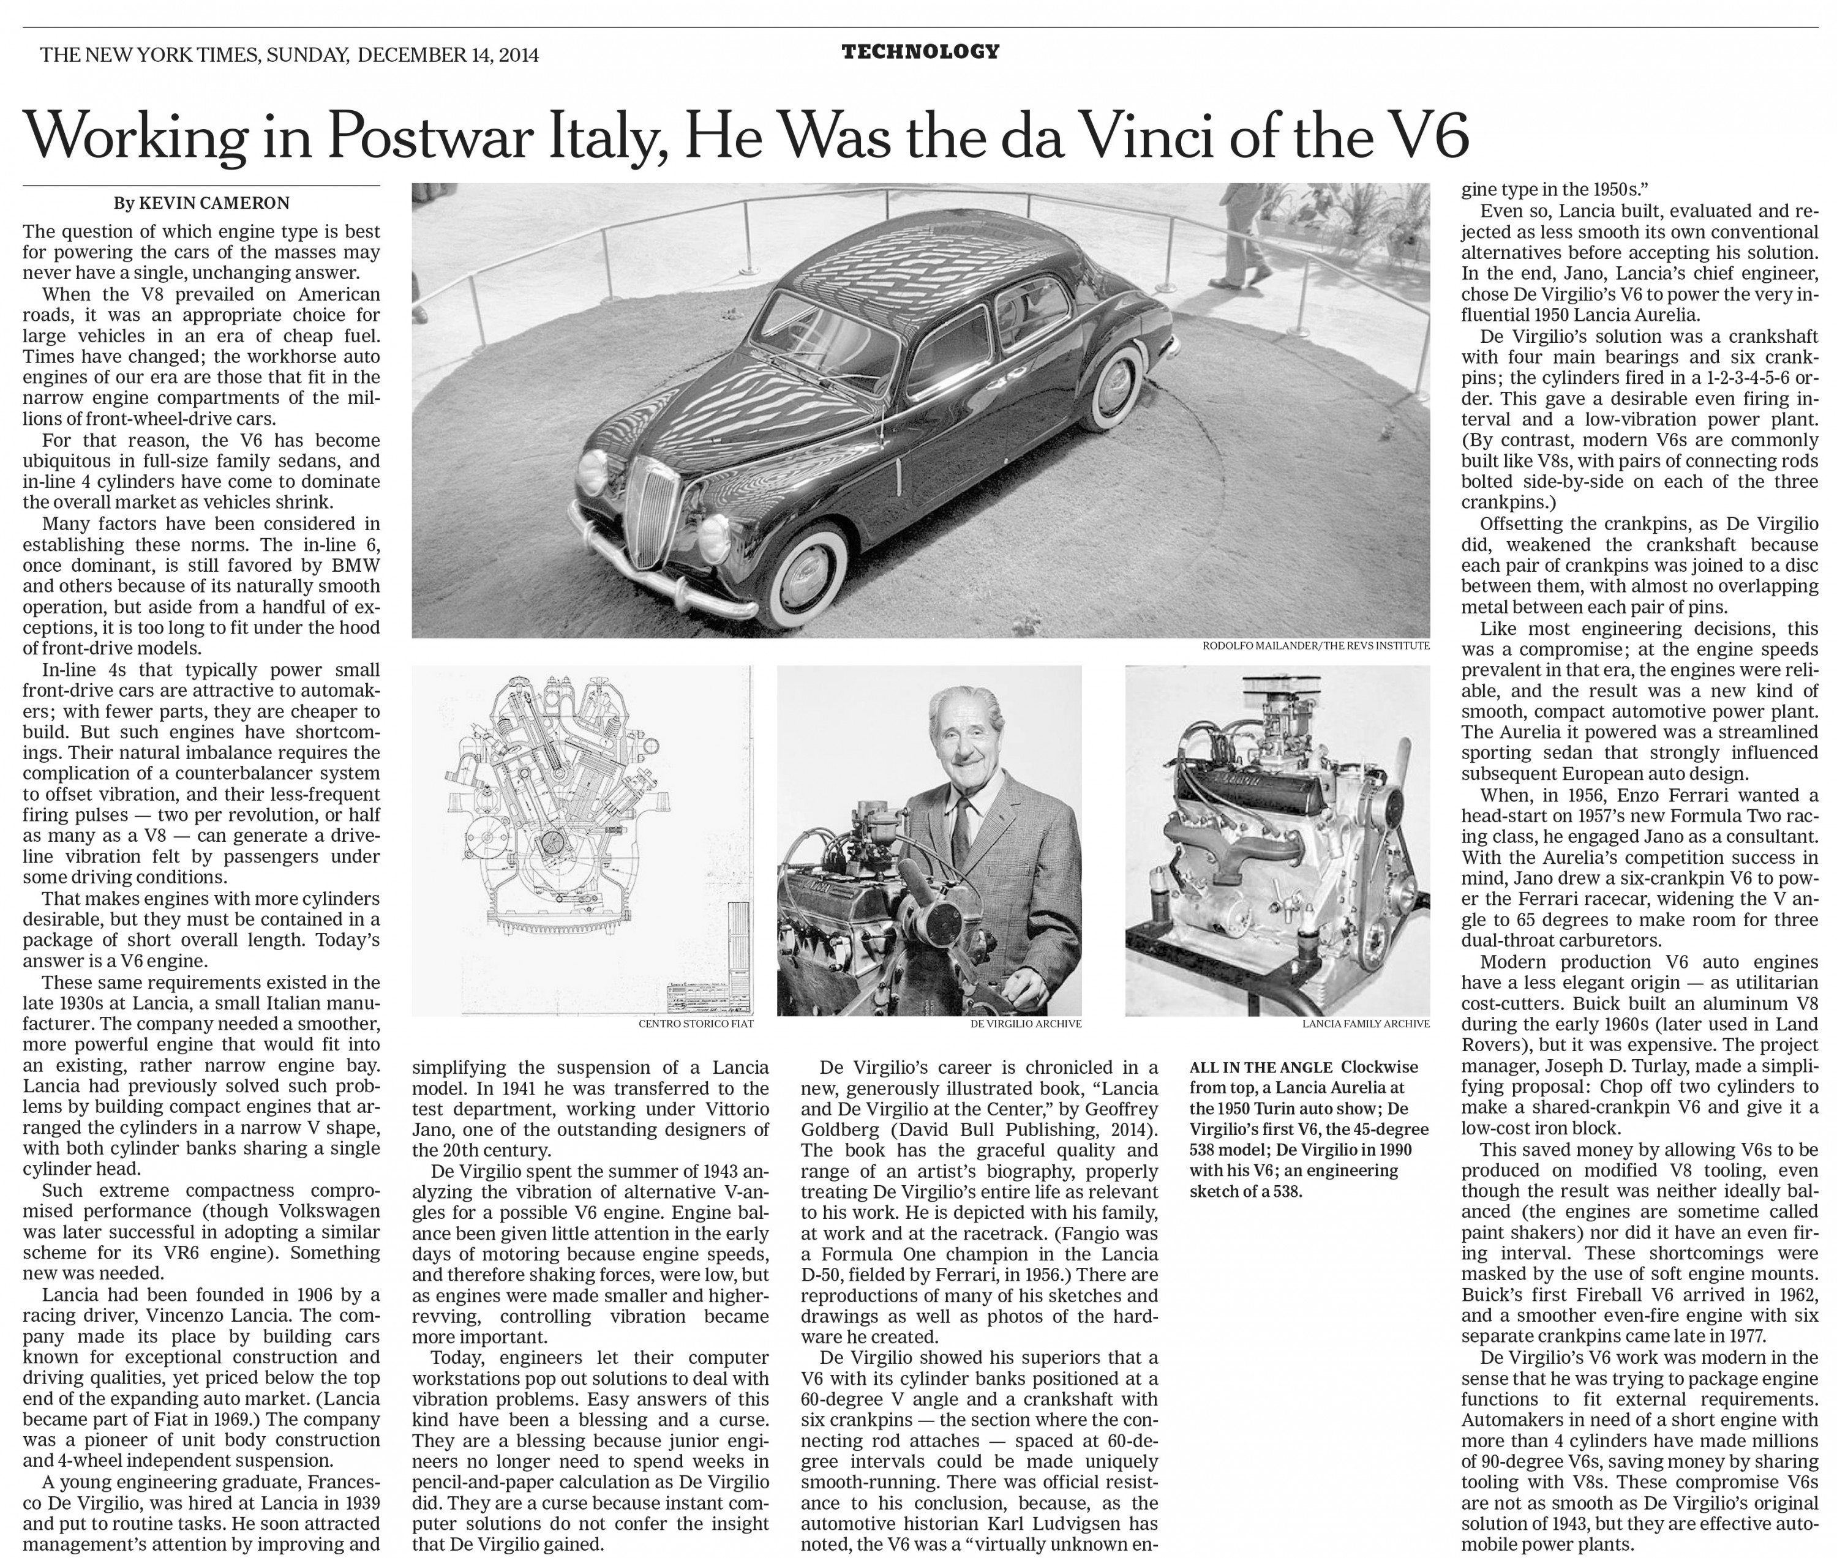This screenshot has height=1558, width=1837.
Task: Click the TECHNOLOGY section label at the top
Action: [x=920, y=52]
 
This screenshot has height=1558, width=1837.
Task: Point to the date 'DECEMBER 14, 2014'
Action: [x=448, y=54]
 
